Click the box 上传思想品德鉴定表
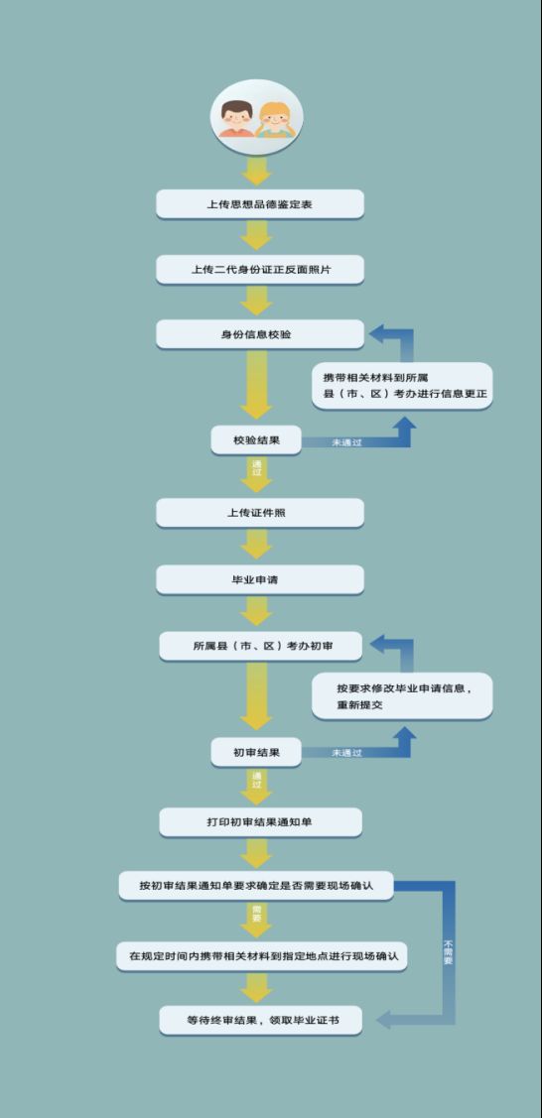pyautogui.click(x=260, y=204)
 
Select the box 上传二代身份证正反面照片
pyautogui.click(x=260, y=270)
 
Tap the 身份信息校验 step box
pyautogui.click(x=260, y=334)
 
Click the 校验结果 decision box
pyautogui.click(x=256, y=439)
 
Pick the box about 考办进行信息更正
pyautogui.click(x=402, y=386)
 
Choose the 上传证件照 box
pyautogui.click(x=260, y=513)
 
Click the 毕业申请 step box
pyautogui.click(x=260, y=579)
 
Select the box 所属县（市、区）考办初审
pyautogui.click(x=260, y=646)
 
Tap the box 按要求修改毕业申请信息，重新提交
pyautogui.click(x=402, y=696)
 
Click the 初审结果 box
pyautogui.click(x=256, y=752)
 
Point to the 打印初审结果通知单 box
pyautogui.click(x=260, y=822)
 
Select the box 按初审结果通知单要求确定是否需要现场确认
pyautogui.click(x=257, y=886)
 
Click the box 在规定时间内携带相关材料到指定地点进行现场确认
pyautogui.click(x=262, y=956)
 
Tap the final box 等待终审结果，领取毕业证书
pyautogui.click(x=260, y=1021)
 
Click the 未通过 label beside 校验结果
pyautogui.click(x=346, y=442)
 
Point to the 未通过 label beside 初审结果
pyautogui.click(x=346, y=753)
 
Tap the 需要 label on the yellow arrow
pyautogui.click(x=256, y=914)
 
